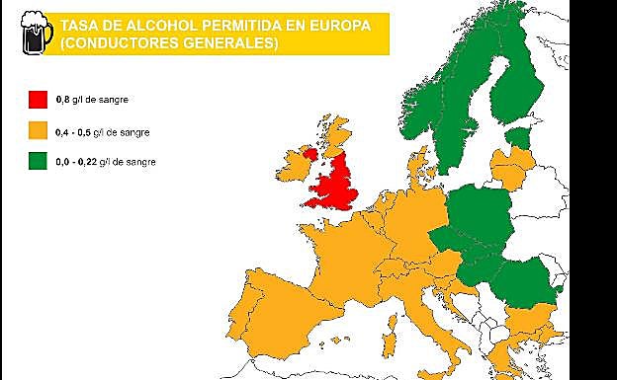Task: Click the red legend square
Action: point(39,99)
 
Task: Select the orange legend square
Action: point(39,129)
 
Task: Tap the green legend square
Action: point(39,160)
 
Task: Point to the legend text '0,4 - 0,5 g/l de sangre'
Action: point(104,129)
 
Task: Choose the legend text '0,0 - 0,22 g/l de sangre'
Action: point(106,160)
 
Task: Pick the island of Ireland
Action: point(295,165)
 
